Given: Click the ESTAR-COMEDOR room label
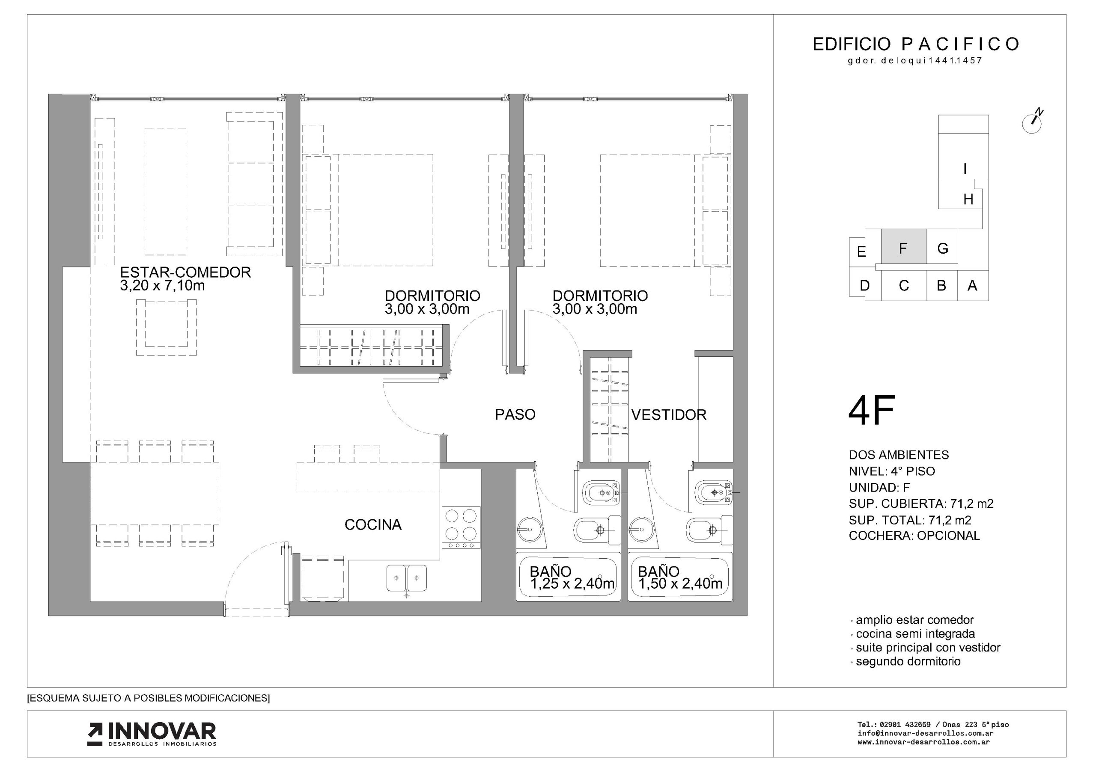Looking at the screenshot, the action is (185, 272).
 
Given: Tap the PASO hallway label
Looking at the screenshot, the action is (515, 415).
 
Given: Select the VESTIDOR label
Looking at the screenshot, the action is (669, 415).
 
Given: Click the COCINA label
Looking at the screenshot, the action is (373, 524).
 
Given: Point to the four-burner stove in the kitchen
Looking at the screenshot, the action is (461, 527).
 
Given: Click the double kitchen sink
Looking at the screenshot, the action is (406, 578).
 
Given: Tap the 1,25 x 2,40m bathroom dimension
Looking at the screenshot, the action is (572, 583).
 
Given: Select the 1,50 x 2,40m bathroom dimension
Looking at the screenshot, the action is (680, 583).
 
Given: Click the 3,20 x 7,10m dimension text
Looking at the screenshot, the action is (162, 286).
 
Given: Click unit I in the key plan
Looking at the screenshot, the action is (965, 169).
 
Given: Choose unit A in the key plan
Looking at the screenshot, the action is (972, 286).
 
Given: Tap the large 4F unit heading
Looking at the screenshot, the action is (872, 410).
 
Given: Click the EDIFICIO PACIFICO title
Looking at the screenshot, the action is (916, 44).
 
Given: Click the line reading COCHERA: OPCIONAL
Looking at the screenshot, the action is (914, 536).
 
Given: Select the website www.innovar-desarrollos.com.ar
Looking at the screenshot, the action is (923, 742).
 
